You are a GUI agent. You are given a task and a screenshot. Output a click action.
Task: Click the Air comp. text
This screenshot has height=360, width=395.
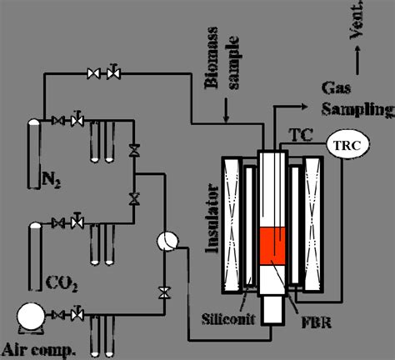click(35, 348)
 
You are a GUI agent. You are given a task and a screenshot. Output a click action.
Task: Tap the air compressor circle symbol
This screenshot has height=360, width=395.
click(31, 315)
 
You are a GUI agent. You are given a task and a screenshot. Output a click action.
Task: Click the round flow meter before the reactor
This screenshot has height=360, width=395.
click(166, 240)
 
